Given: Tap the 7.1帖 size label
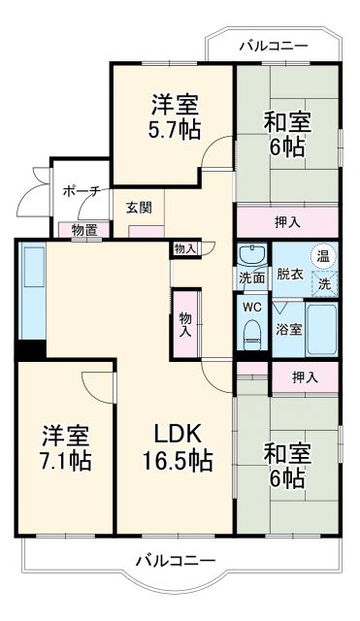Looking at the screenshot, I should [66, 460].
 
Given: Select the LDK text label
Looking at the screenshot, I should [175, 434].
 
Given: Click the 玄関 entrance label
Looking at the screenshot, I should [137, 207].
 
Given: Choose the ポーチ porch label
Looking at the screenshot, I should [82, 191].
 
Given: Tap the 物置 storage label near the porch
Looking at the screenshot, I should [84, 230].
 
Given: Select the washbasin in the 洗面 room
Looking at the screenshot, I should [253, 255].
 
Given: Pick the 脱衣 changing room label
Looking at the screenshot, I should [289, 274].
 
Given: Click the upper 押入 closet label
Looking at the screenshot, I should [286, 221].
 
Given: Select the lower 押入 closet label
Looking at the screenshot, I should [303, 375].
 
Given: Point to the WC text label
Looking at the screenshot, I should [252, 308].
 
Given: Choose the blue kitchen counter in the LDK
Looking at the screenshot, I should [32, 291].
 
